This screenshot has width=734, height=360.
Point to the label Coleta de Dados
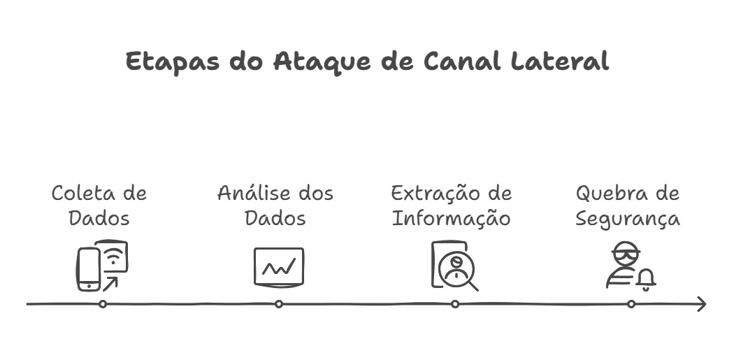tap(99, 205)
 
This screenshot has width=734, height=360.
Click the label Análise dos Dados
tap(275, 205)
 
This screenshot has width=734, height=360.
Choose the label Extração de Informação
tap(452, 205)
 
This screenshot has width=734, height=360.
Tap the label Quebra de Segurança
tap(628, 205)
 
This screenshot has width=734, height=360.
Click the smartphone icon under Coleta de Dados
tap(88, 269)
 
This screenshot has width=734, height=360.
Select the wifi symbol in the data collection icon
tap(116, 257)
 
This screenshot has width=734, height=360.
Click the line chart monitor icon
tap(278, 266)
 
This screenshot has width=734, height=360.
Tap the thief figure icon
tap(621, 265)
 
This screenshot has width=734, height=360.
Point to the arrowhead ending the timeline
tap(701, 304)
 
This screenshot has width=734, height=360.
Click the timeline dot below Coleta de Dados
tap(103, 304)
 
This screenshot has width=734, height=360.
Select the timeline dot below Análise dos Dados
tap(279, 304)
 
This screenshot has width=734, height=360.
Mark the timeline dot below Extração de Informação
tap(455, 304)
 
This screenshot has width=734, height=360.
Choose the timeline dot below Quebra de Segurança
tap(631, 304)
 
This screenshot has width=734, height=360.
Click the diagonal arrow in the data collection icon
tap(110, 282)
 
